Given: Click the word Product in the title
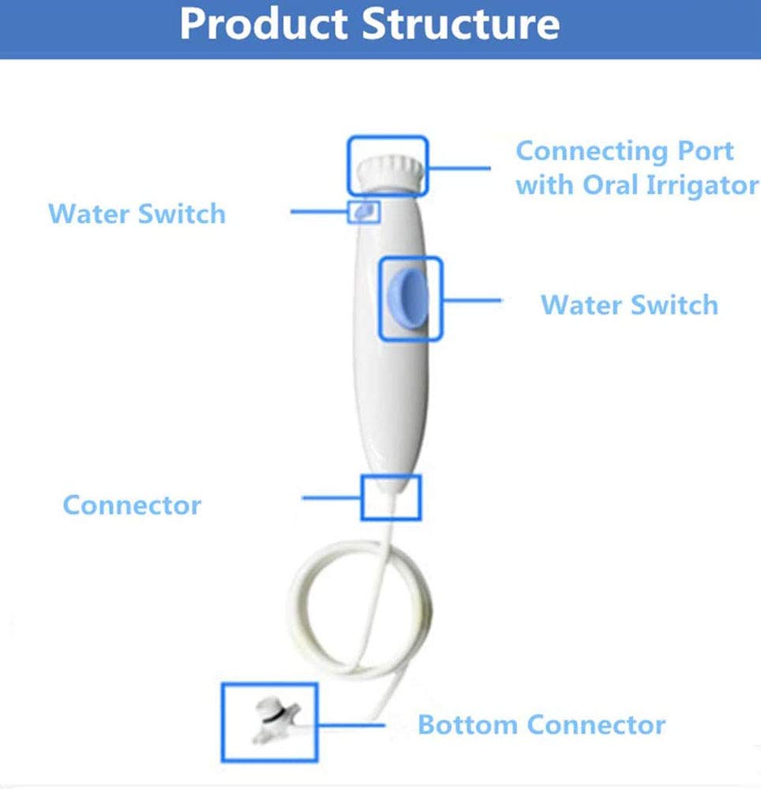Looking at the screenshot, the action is click(x=264, y=24).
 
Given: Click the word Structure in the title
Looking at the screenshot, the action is click(x=460, y=24).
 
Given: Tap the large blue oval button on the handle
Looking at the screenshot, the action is click(x=407, y=298).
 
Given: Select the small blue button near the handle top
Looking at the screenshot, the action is click(x=364, y=211).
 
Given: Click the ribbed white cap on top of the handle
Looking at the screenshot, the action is click(x=390, y=174).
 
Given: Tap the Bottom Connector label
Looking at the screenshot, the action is click(x=542, y=724).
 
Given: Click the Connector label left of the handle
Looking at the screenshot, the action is click(x=132, y=505).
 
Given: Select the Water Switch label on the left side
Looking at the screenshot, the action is click(x=137, y=213).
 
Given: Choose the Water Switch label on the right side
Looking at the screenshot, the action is click(x=629, y=305).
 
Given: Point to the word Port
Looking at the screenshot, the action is click(x=706, y=151).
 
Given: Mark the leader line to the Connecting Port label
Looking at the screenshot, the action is click(x=459, y=168).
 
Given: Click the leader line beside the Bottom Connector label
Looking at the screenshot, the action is click(x=351, y=725).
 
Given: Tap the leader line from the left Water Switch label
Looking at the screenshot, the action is click(x=319, y=211).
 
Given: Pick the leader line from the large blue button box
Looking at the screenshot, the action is click(x=472, y=301).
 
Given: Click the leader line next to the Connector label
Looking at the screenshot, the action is click(x=332, y=498).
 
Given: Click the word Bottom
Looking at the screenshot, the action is click(x=468, y=724).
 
